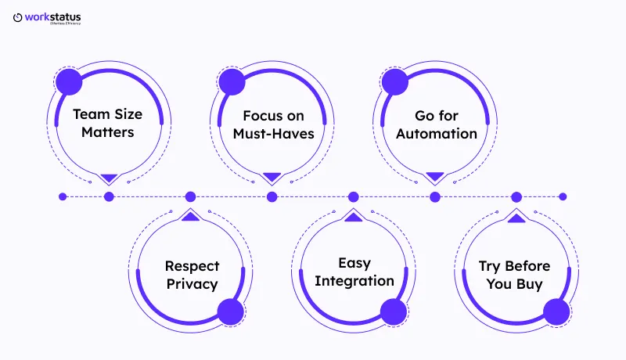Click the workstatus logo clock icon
pyautogui.click(x=18, y=17)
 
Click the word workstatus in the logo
pyautogui.click(x=52, y=16)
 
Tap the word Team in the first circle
pyautogui.click(x=90, y=114)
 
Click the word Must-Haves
pyautogui.click(x=273, y=133)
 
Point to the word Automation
pyautogui.click(x=436, y=133)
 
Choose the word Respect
pyautogui.click(x=192, y=266)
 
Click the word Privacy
pyautogui.click(x=192, y=283)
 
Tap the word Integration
pyautogui.click(x=354, y=281)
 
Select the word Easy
pyautogui.click(x=354, y=263)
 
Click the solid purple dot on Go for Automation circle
pyautogui.click(x=394, y=81)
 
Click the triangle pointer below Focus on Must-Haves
pyautogui.click(x=272, y=178)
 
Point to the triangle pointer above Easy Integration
pyautogui.click(x=353, y=215)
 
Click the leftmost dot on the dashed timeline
pyautogui.click(x=63, y=196)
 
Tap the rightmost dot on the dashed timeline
pyautogui.click(x=563, y=196)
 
